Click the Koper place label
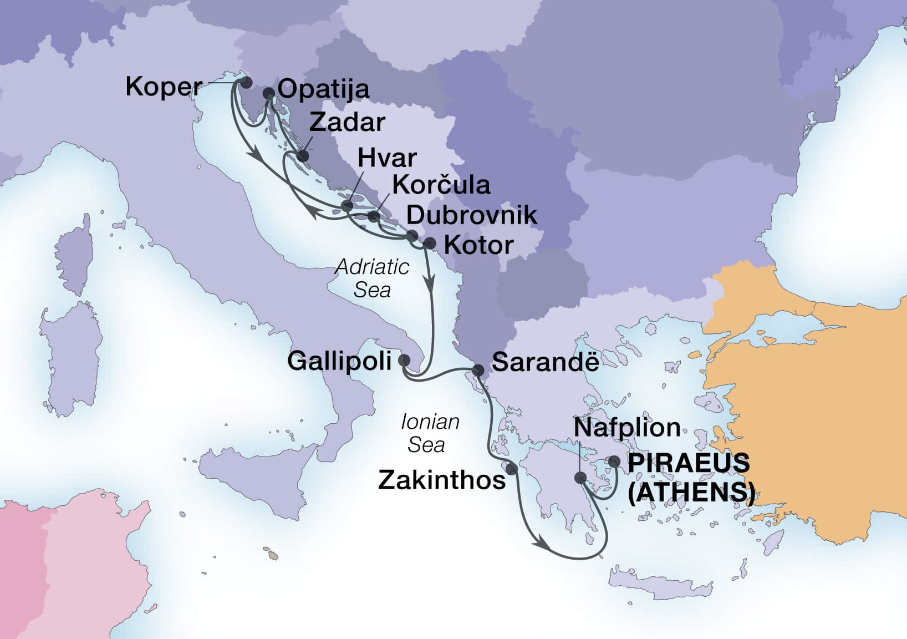click(x=164, y=87)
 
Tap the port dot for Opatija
click(x=268, y=94)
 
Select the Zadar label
click(x=347, y=123)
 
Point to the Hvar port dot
click(x=347, y=206)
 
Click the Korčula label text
click(x=441, y=185)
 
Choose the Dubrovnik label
click(x=472, y=215)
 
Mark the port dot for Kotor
click(x=429, y=243)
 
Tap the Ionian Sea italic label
click(x=429, y=433)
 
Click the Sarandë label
click(x=545, y=362)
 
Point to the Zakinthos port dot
click(x=512, y=469)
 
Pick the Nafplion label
click(x=627, y=428)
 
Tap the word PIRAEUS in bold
click(x=689, y=463)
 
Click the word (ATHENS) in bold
click(x=691, y=492)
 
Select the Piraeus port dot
click(x=614, y=461)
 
